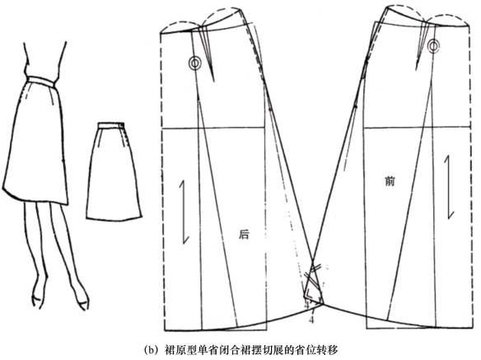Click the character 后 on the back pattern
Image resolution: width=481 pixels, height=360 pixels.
[244, 235]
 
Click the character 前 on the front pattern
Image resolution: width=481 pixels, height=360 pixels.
[390, 181]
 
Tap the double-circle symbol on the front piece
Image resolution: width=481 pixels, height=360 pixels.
[433, 46]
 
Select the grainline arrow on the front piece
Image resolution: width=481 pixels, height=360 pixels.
[447, 187]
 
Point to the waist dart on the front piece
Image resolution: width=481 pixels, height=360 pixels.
[422, 46]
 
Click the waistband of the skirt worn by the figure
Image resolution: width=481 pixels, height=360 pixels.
[41, 79]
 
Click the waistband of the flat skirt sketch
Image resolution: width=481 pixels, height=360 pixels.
[111, 125]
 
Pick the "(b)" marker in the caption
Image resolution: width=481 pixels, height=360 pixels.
[152, 350]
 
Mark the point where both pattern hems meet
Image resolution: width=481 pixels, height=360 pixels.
[322, 304]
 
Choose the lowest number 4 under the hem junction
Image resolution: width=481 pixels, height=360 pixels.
[311, 320]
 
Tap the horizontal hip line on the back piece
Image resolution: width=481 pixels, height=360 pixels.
[212, 128]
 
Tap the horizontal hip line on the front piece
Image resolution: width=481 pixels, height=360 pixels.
[417, 127]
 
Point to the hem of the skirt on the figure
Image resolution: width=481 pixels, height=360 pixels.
[35, 198]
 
